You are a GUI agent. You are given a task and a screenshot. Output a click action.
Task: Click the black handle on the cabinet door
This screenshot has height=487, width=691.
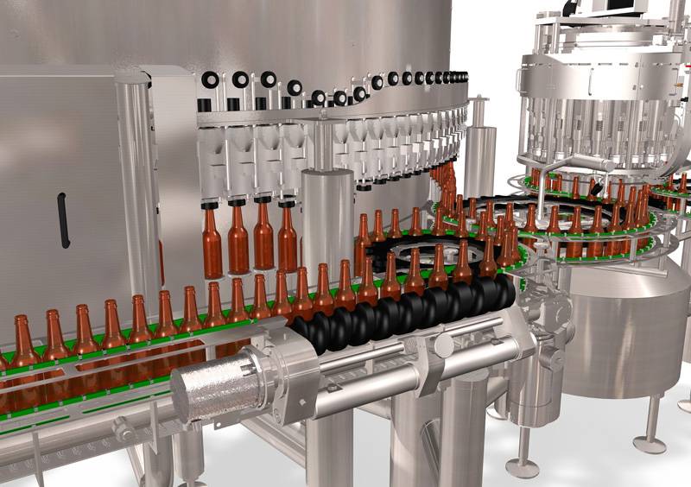tap(63, 220)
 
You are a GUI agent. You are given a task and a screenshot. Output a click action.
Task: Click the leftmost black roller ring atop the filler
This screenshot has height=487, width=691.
tap(210, 80)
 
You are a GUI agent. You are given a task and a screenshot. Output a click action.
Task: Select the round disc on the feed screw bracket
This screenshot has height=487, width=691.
tap(444, 346)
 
